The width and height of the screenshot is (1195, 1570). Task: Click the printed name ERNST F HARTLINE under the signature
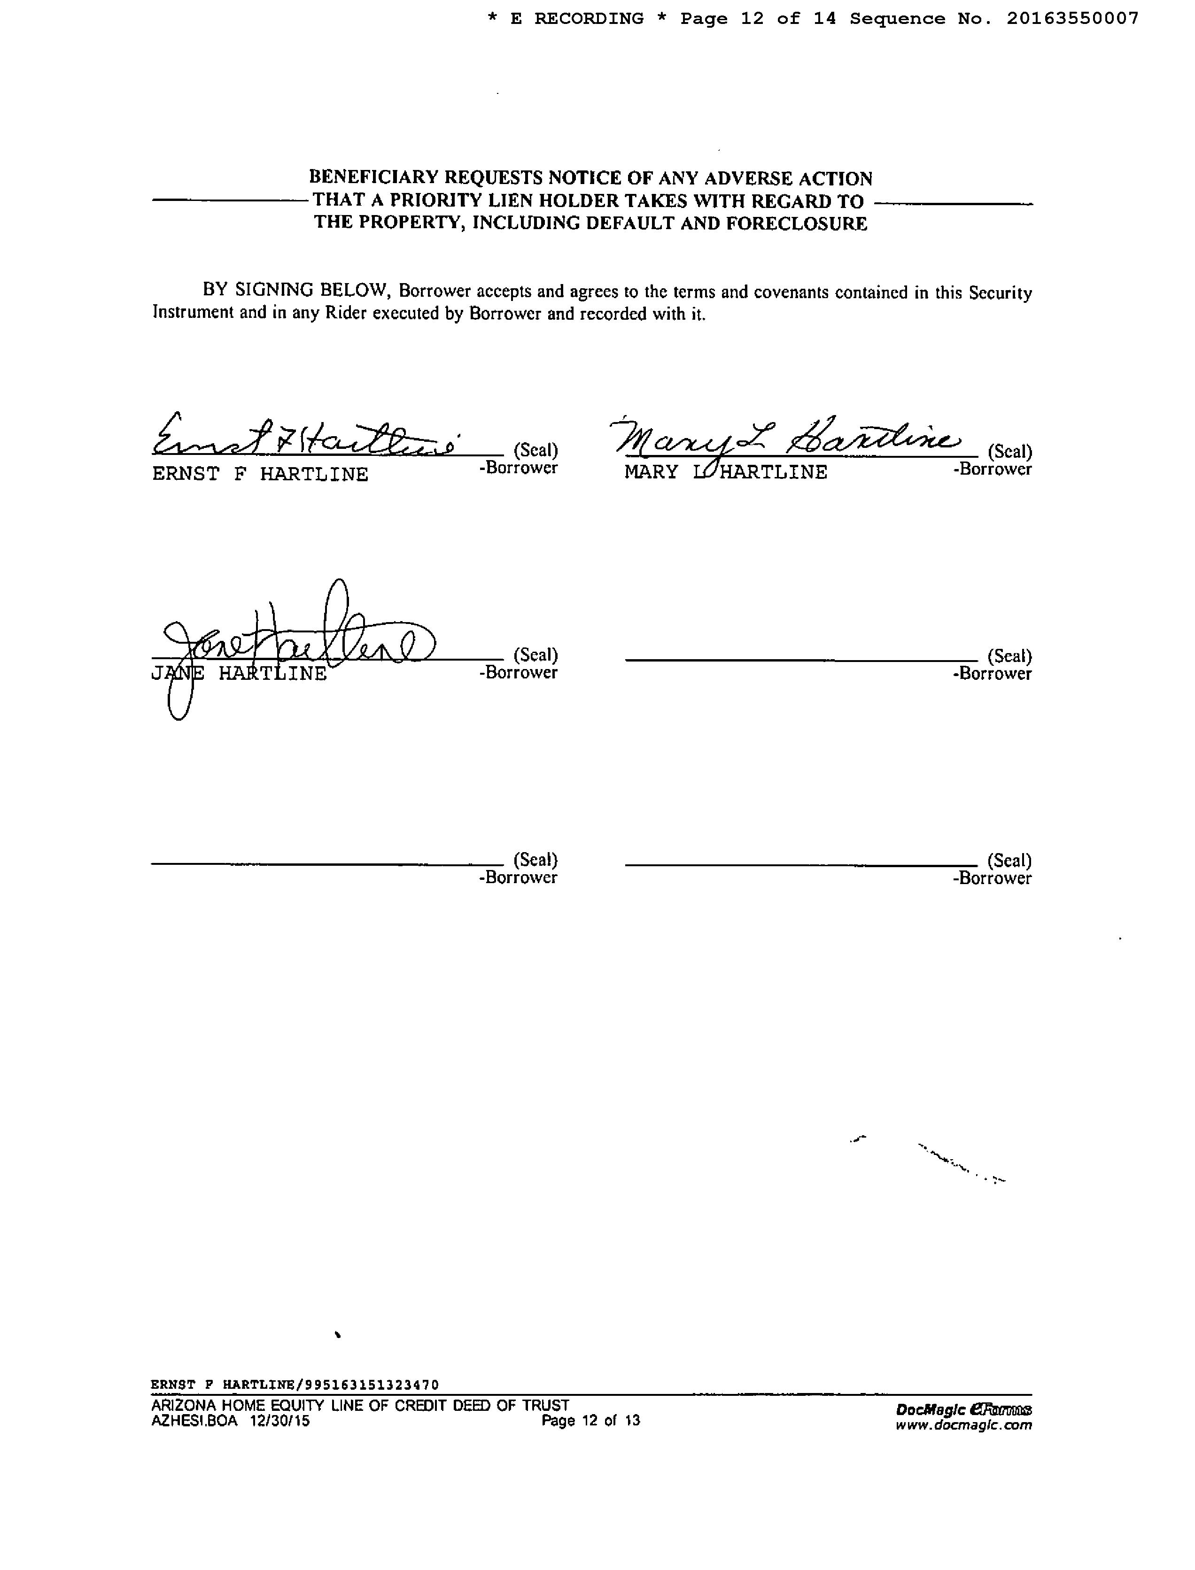point(260,474)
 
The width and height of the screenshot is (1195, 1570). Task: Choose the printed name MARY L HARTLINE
point(726,472)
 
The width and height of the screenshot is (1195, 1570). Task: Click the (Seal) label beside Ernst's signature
point(535,450)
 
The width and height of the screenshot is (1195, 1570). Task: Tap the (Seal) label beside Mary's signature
point(1009,452)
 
